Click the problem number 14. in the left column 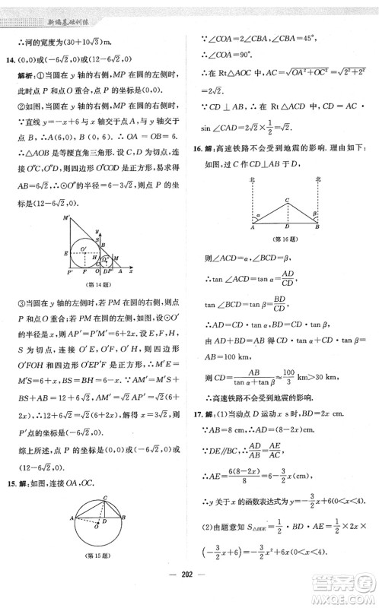point(13,62)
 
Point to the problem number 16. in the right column point(199,144)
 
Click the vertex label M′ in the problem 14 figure point(68,218)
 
